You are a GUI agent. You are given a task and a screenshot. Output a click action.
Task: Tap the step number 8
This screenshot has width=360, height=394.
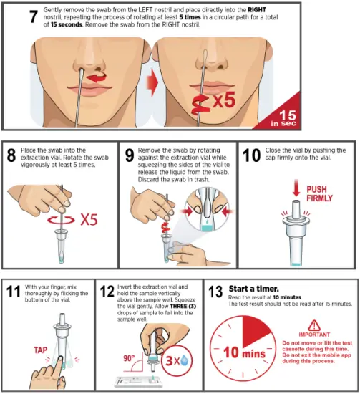point(11,156)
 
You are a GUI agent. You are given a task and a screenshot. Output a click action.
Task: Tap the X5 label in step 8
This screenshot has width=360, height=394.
point(89,219)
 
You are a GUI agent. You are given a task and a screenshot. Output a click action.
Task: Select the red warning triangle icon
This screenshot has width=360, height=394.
point(314,325)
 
